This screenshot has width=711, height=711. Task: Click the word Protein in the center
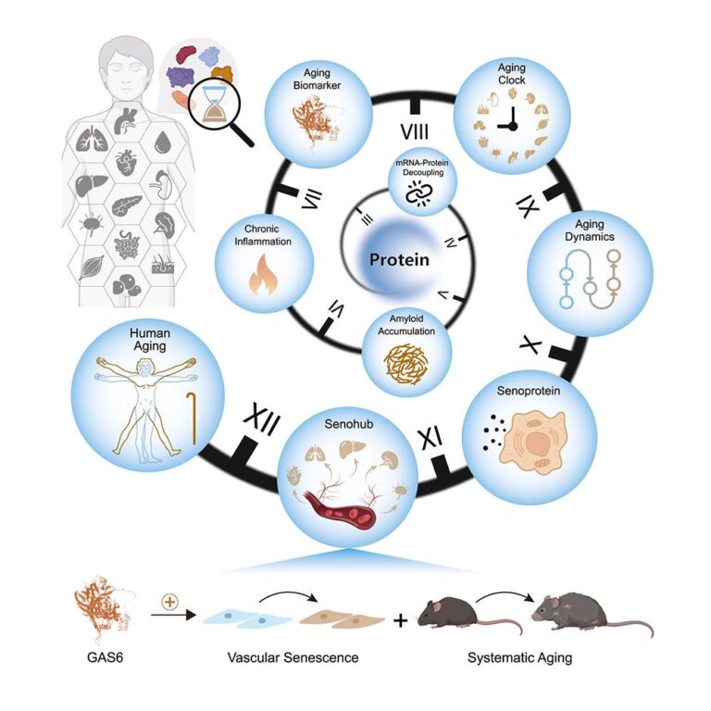pos(399,260)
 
